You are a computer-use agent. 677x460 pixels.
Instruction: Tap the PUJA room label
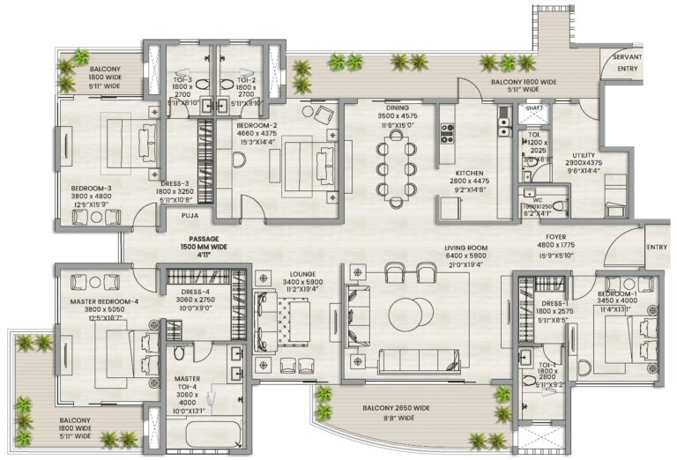point(190,214)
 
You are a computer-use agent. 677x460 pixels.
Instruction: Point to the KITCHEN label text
point(467,173)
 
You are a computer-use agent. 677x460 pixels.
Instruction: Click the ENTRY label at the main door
point(657,248)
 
